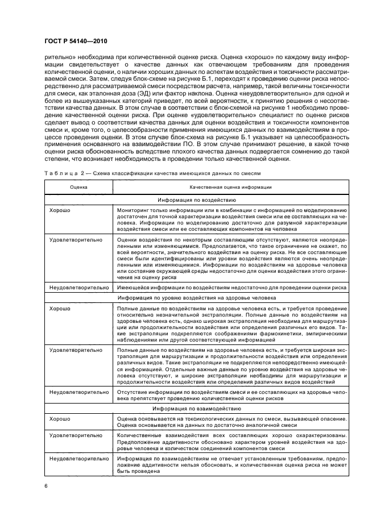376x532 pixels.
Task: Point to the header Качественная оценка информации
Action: (230, 186)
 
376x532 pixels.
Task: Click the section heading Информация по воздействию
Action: (230, 199)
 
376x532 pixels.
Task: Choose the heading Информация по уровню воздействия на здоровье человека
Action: (230, 297)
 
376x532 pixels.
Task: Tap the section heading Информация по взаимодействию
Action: (230, 409)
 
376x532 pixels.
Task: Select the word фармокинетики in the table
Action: (287, 335)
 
